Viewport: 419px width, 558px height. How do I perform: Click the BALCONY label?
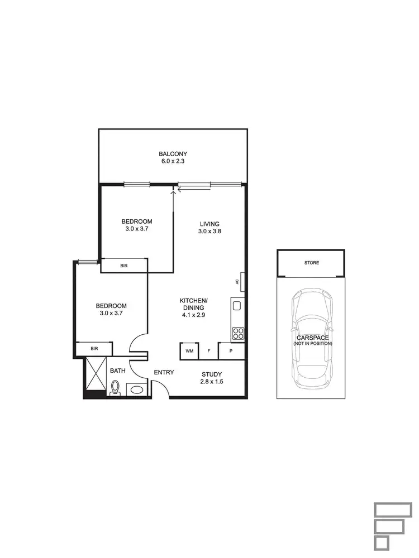(173, 154)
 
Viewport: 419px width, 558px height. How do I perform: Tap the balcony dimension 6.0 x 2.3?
(173, 162)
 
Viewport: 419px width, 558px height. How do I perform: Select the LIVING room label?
(209, 224)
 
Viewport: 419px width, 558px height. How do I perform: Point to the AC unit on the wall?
(237, 281)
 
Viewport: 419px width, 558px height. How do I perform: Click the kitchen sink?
(237, 306)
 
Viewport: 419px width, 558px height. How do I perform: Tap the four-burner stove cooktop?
(237, 333)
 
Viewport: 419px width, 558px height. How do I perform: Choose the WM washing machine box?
(189, 351)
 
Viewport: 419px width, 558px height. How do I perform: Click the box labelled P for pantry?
(231, 351)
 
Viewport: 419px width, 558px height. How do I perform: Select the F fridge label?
(209, 351)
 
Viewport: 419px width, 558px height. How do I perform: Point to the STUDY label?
(212, 374)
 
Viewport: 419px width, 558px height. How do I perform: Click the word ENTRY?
(164, 373)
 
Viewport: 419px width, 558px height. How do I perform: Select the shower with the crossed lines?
(96, 375)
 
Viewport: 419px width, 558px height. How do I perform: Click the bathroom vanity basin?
(136, 389)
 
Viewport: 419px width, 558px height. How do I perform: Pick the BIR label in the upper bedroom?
(124, 266)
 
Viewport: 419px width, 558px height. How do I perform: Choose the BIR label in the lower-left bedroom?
(94, 349)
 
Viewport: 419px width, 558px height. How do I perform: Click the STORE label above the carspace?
(312, 263)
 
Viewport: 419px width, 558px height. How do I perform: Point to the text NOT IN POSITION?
(312, 344)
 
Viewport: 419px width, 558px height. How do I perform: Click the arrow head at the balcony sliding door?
(173, 190)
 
